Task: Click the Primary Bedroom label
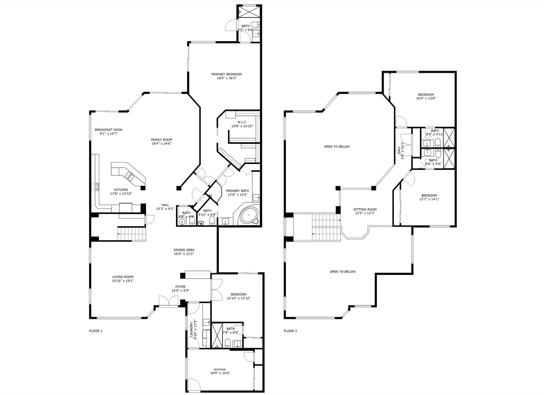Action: pos(227,74)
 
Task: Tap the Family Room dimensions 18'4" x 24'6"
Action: pos(162,144)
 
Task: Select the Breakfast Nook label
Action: pos(109,130)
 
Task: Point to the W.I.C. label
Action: pos(242,122)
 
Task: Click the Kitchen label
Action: pos(121,190)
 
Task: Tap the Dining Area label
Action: pos(184,250)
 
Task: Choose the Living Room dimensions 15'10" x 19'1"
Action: pos(123,281)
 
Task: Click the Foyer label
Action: pos(181,287)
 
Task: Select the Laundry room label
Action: pos(191,330)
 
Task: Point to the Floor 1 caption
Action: pos(96,331)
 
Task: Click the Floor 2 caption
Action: pos(290,331)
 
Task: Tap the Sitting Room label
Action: pos(365,210)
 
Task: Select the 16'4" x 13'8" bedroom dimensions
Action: pos(426,98)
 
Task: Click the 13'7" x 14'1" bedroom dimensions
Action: pos(429,199)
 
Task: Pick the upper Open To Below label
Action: pos(337,147)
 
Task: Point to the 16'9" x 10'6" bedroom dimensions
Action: pos(220,373)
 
